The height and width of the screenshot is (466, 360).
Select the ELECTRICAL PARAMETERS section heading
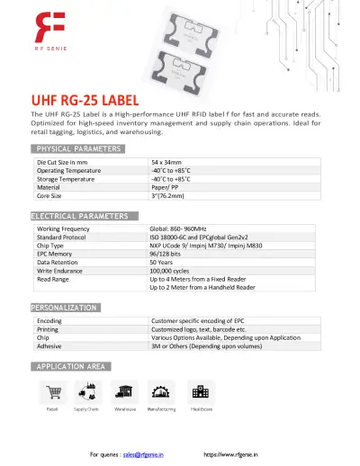(x=85, y=217)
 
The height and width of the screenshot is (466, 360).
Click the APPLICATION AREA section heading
(x=71, y=366)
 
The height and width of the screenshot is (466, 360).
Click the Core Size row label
(x=49, y=194)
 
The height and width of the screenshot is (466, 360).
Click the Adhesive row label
(x=49, y=345)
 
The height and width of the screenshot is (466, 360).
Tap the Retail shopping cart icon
(x=52, y=390)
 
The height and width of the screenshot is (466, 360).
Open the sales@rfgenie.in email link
(x=145, y=455)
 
